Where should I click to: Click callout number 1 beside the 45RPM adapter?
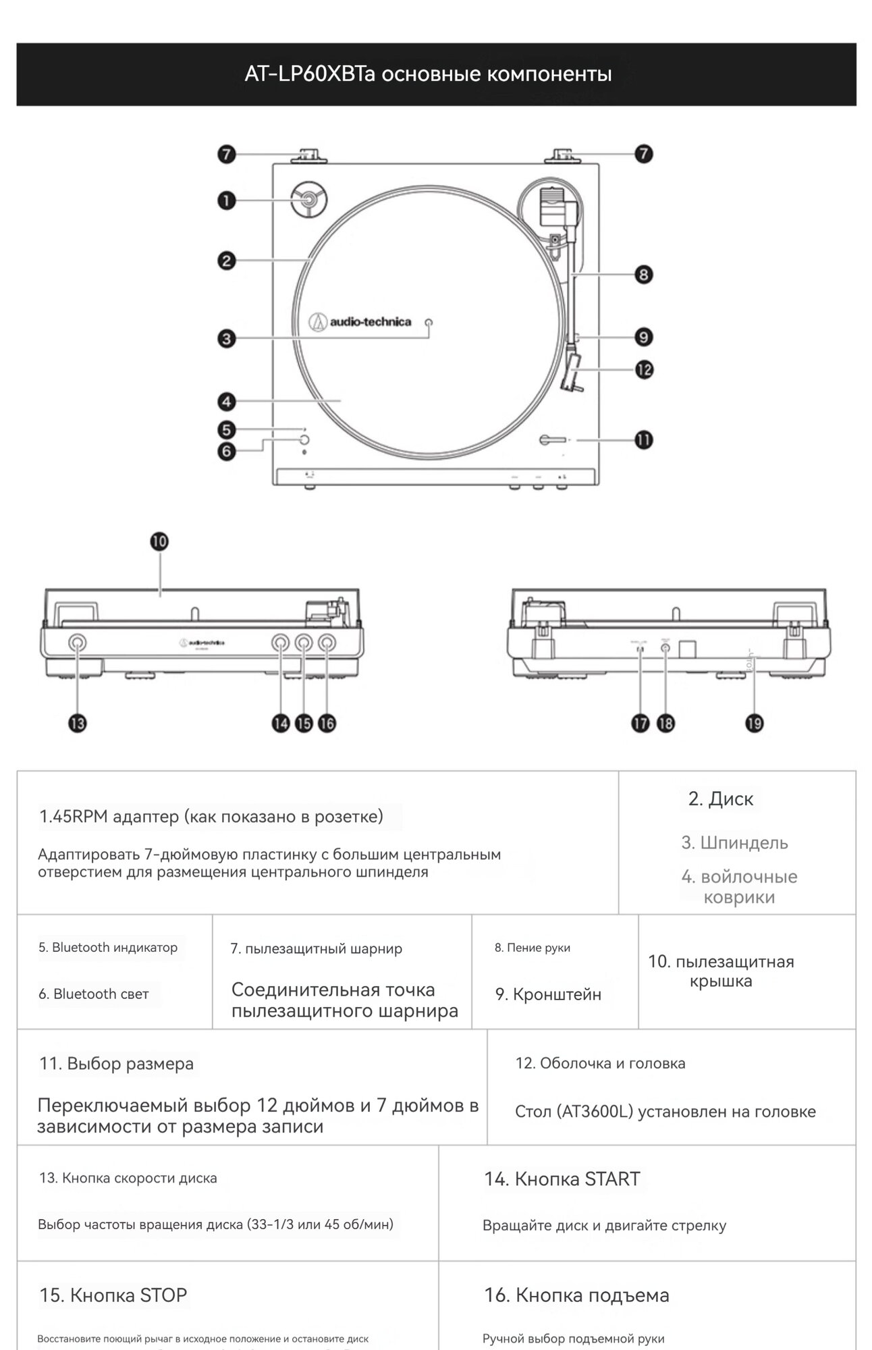(x=227, y=200)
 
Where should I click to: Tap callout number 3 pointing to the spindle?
(x=227, y=338)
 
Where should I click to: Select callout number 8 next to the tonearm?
(x=643, y=274)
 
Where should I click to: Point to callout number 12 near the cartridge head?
(x=644, y=369)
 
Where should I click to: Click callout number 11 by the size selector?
(x=643, y=440)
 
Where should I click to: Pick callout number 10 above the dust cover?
(x=159, y=541)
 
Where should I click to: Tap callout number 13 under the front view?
(x=78, y=724)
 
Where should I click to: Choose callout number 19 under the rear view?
(x=754, y=724)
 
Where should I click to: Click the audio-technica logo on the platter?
(x=360, y=322)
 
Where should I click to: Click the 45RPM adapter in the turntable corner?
(x=308, y=200)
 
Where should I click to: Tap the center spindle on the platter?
(x=429, y=322)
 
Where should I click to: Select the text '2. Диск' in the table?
(x=720, y=799)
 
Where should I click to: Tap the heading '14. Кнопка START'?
(x=562, y=1179)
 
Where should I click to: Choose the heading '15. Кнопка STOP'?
(x=113, y=1295)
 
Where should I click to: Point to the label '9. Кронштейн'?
(x=548, y=994)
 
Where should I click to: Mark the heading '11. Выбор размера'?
(x=116, y=1063)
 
